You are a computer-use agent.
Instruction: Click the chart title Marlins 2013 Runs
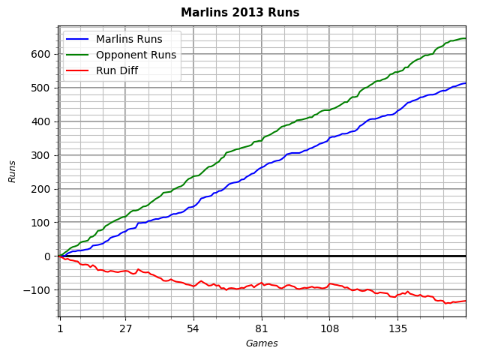pos(240,13)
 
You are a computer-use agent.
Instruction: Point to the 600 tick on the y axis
pos(41,54)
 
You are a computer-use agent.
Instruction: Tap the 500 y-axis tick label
pos(41,88)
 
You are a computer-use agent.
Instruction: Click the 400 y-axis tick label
pos(41,121)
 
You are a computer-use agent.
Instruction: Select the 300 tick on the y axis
pos(41,155)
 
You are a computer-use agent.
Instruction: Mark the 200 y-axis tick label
pos(41,189)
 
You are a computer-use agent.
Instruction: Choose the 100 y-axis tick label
pos(41,223)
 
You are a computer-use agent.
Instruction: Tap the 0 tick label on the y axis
pos(47,256)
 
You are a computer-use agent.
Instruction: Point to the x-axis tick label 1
pos(60,328)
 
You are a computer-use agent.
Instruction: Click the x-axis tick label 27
pos(125,328)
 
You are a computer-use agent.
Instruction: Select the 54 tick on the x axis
pos(193,328)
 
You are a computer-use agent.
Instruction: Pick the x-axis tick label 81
pos(262,328)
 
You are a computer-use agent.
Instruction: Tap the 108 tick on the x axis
pos(330,328)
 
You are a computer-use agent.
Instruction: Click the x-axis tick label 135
pos(398,328)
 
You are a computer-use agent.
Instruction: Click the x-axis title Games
pos(262,343)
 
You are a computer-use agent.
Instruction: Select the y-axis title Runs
pos(13,171)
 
